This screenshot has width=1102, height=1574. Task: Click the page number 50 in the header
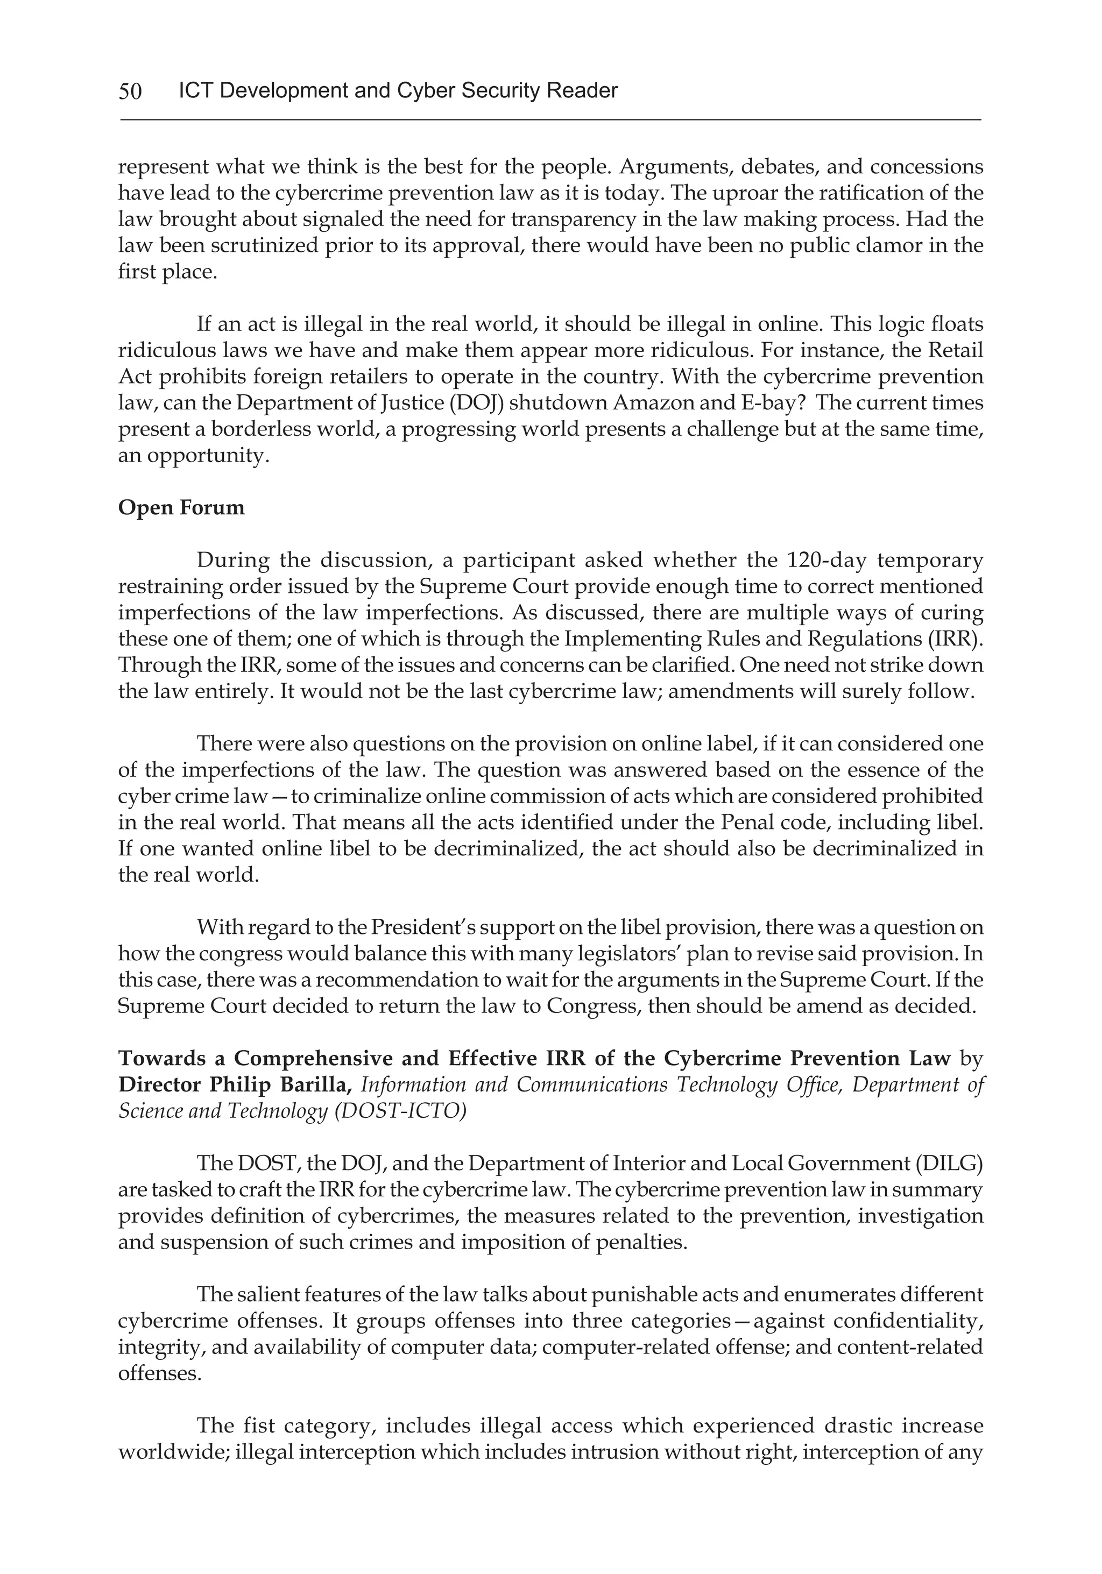130,90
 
